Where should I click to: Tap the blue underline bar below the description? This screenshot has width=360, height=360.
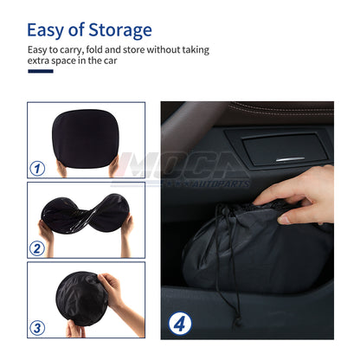click(x=40, y=71)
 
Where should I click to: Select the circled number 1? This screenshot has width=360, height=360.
click(x=37, y=168)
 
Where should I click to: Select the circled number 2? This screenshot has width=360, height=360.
click(x=37, y=249)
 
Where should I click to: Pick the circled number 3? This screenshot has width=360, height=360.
click(x=37, y=328)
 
